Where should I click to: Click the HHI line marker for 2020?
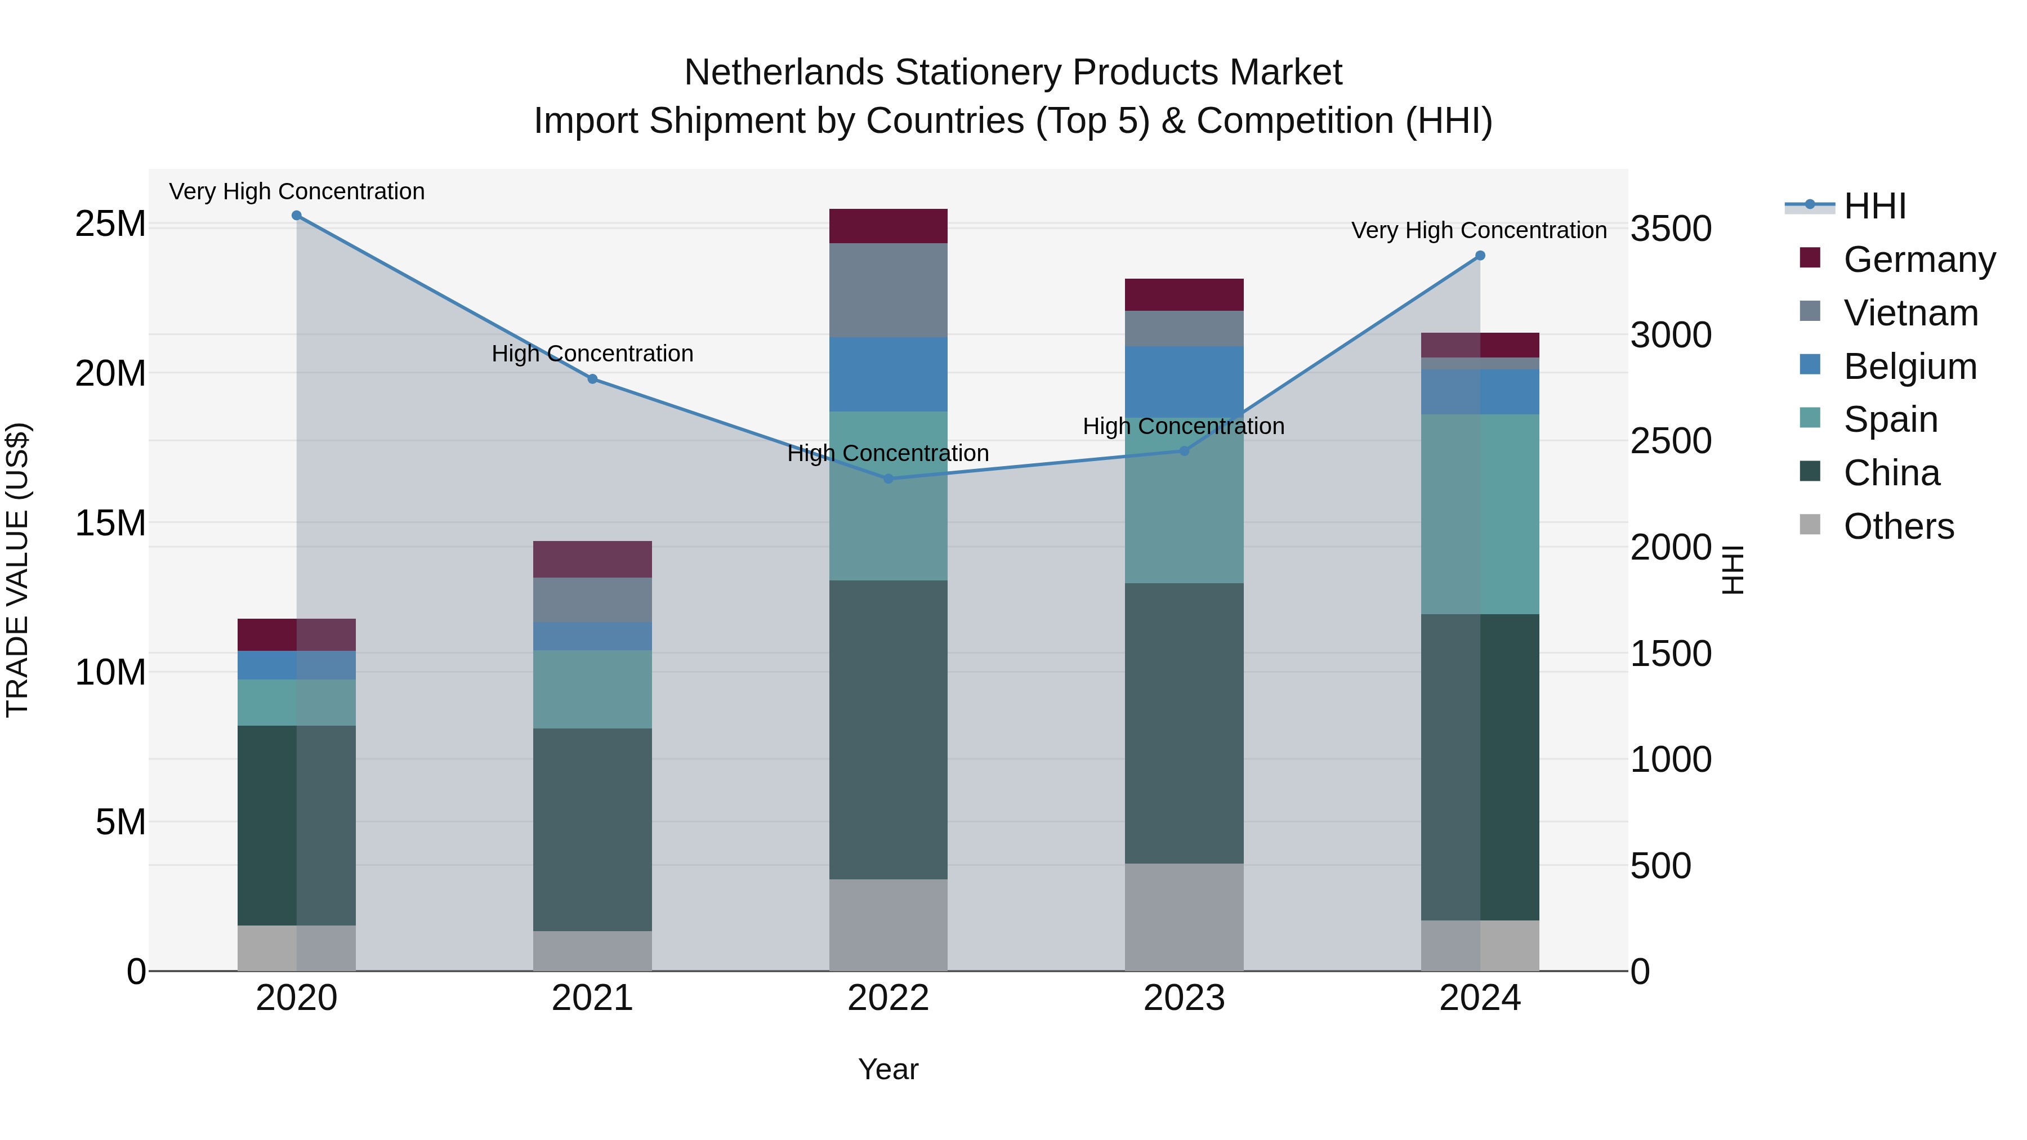click(297, 216)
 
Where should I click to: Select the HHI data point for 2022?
click(889, 479)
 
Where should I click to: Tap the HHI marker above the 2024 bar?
click(1480, 256)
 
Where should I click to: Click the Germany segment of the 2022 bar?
click(889, 226)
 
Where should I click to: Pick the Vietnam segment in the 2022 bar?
click(889, 290)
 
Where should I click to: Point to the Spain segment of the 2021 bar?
click(592, 689)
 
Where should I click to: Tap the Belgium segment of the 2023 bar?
click(1184, 382)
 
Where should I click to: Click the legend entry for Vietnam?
click(1910, 313)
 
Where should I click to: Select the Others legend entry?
click(1898, 526)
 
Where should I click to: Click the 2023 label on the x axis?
click(1184, 998)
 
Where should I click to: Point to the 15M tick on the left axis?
click(110, 523)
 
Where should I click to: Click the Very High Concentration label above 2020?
click(297, 191)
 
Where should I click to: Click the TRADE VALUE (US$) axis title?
click(17, 570)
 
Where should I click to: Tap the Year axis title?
click(889, 1069)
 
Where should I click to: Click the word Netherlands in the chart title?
click(784, 73)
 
